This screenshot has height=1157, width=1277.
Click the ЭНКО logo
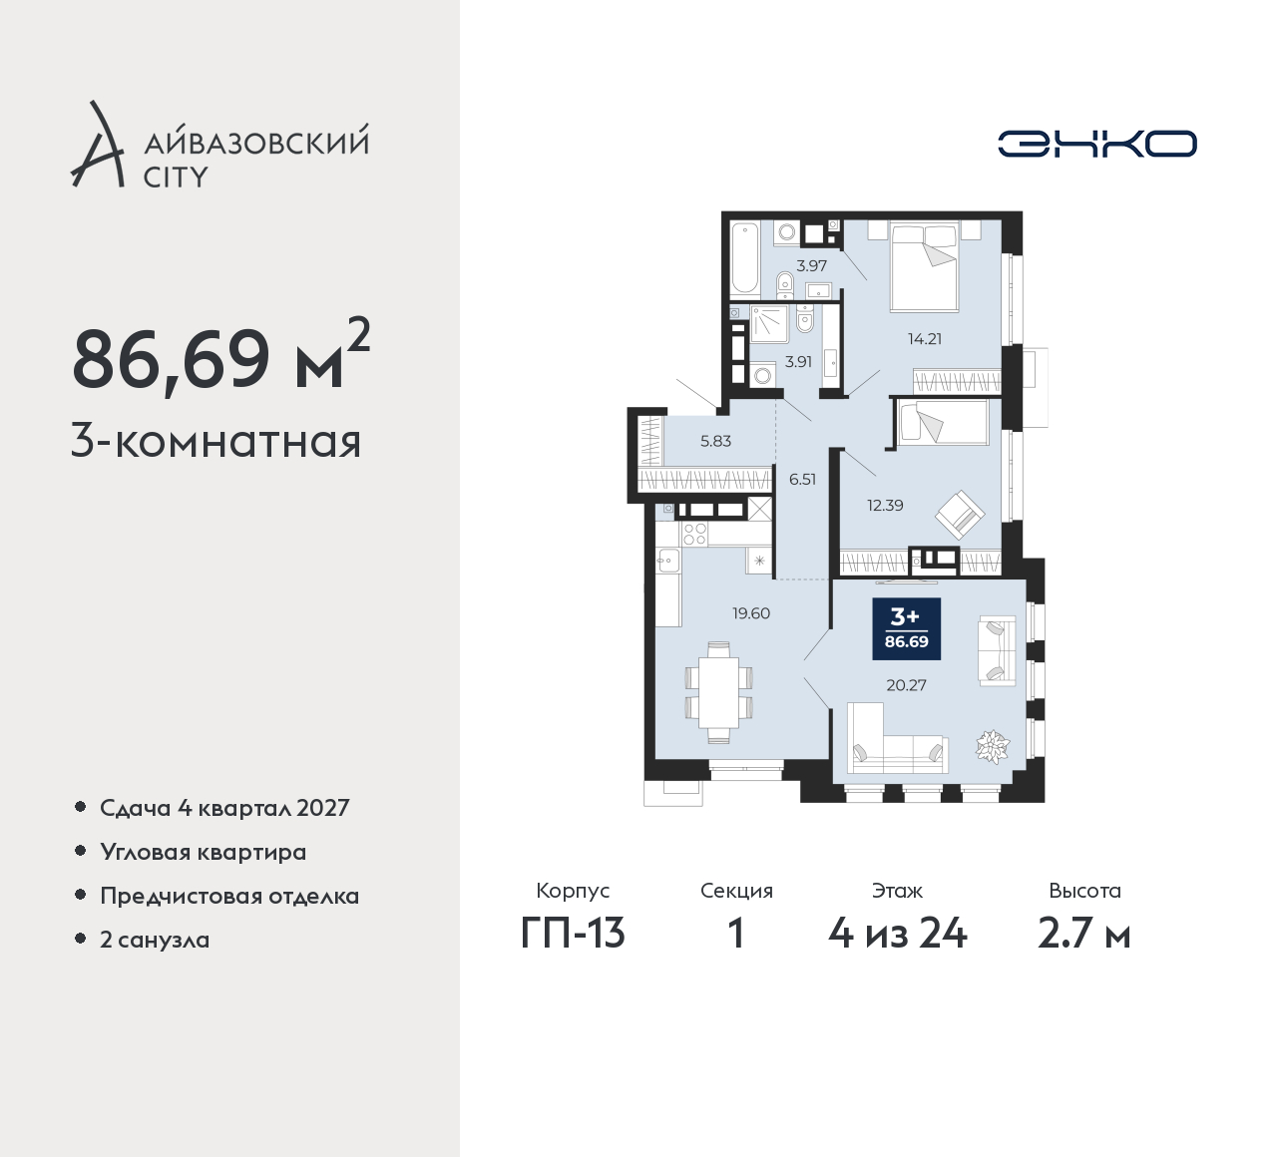pos(1096,144)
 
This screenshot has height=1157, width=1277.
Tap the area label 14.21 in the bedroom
pos(925,338)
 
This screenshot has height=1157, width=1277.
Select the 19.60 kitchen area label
pos(751,613)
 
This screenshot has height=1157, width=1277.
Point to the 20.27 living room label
pos(906,685)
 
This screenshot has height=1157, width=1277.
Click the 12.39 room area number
pos(885,506)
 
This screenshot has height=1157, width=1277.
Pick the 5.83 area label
pos(715,441)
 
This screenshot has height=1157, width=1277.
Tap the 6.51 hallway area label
pos(802,479)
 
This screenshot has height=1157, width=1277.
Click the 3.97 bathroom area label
pos(811,266)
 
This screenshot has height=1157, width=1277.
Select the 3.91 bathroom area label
pos(798,361)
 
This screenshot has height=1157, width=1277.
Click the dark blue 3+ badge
pos(907,628)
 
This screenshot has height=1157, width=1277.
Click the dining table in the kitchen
pos(718,692)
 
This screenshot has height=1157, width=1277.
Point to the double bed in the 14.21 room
pos(925,266)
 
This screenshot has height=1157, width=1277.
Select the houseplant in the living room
pos(993,746)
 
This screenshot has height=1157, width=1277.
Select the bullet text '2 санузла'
pos(155,940)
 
